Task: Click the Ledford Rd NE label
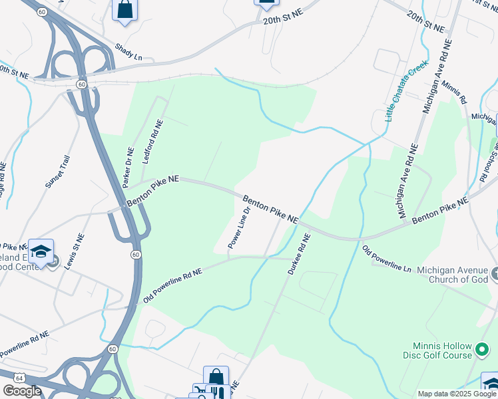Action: [152, 142]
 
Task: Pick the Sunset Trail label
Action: [57, 172]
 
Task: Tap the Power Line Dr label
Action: [239, 228]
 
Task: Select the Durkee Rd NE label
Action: [299, 255]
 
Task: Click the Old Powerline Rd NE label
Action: [172, 286]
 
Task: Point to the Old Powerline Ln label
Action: [386, 259]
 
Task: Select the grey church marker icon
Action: [495, 273]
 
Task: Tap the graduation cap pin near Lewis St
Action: [41, 251]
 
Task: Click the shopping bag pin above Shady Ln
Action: [124, 9]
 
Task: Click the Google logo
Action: [22, 391]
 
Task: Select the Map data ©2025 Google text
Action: [457, 394]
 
